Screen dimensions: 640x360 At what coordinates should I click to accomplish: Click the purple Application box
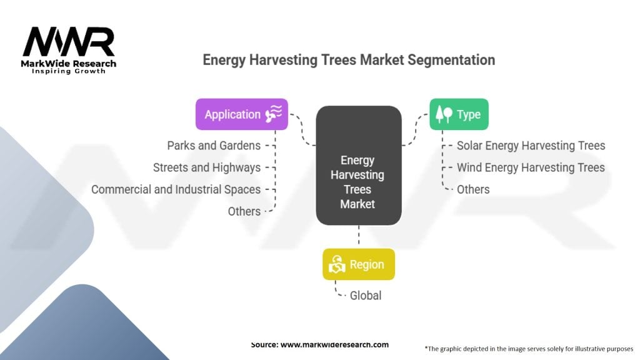[x=242, y=114]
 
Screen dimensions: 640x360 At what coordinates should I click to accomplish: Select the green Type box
[x=459, y=114]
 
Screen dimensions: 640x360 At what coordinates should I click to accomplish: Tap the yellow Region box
[x=359, y=264]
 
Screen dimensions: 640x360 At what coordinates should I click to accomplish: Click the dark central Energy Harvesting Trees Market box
[x=359, y=165]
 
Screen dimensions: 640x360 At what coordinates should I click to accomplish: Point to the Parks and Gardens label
[x=214, y=146]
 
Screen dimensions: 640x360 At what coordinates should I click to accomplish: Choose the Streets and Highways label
[x=207, y=167]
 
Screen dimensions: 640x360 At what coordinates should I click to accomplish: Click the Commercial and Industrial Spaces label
[x=176, y=189]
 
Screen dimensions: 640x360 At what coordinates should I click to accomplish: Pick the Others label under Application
[x=244, y=211]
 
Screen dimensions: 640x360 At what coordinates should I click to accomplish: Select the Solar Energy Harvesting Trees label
[x=531, y=146]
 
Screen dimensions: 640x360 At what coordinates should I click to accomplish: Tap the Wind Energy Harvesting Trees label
[x=531, y=167]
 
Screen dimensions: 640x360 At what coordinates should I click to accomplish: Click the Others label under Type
[x=473, y=189]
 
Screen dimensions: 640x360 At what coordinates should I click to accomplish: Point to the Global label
[x=365, y=296]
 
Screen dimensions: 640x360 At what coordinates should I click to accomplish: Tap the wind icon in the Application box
[x=274, y=114]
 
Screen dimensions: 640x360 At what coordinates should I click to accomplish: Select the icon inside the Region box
[x=337, y=264]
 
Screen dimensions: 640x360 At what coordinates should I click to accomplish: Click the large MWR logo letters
[x=69, y=42]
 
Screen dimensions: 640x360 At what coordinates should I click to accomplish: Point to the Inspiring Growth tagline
[x=69, y=71]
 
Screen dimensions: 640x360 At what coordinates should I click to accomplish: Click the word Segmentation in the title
[x=451, y=60]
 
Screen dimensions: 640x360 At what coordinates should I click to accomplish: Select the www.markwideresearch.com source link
[x=335, y=344]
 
